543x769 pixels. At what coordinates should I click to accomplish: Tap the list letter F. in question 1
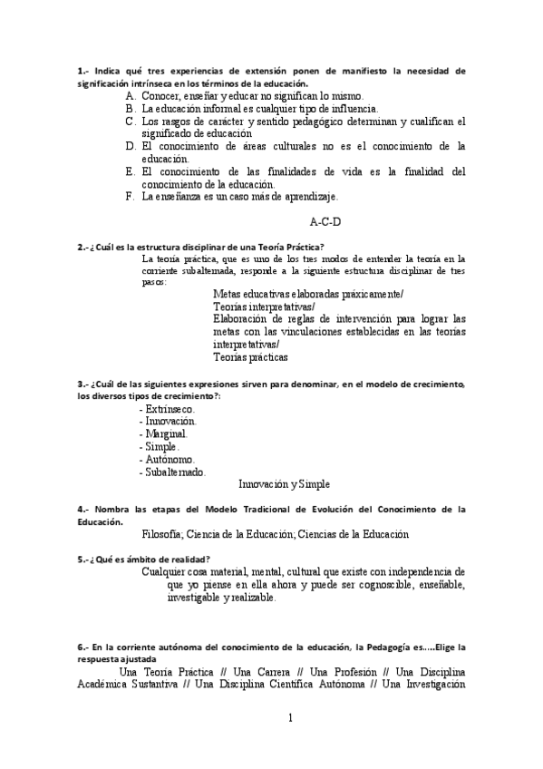pyautogui.click(x=131, y=196)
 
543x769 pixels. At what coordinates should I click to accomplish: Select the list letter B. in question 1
pyautogui.click(x=131, y=108)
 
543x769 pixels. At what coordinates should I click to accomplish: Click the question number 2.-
pyautogui.click(x=82, y=247)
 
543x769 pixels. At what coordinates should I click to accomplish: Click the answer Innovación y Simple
pyautogui.click(x=284, y=484)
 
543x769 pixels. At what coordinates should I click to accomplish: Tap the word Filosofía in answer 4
pyautogui.click(x=167, y=534)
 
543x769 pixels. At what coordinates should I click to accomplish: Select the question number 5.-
pyautogui.click(x=82, y=559)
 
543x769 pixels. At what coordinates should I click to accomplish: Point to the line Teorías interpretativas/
pyautogui.click(x=264, y=307)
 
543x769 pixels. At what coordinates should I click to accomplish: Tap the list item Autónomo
pyautogui.click(x=165, y=459)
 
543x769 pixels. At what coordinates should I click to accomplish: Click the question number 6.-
pyautogui.click(x=82, y=647)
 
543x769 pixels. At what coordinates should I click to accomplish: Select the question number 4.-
pyautogui.click(x=82, y=510)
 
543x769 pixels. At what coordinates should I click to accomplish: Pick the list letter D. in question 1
pyautogui.click(x=131, y=145)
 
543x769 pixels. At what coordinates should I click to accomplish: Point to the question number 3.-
pyautogui.click(x=82, y=384)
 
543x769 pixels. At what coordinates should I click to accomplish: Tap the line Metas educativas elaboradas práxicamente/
pyautogui.click(x=308, y=294)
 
